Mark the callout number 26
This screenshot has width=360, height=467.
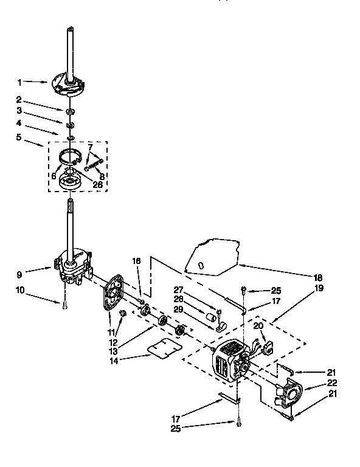click(97, 184)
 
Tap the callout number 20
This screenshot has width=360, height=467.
click(258, 326)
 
